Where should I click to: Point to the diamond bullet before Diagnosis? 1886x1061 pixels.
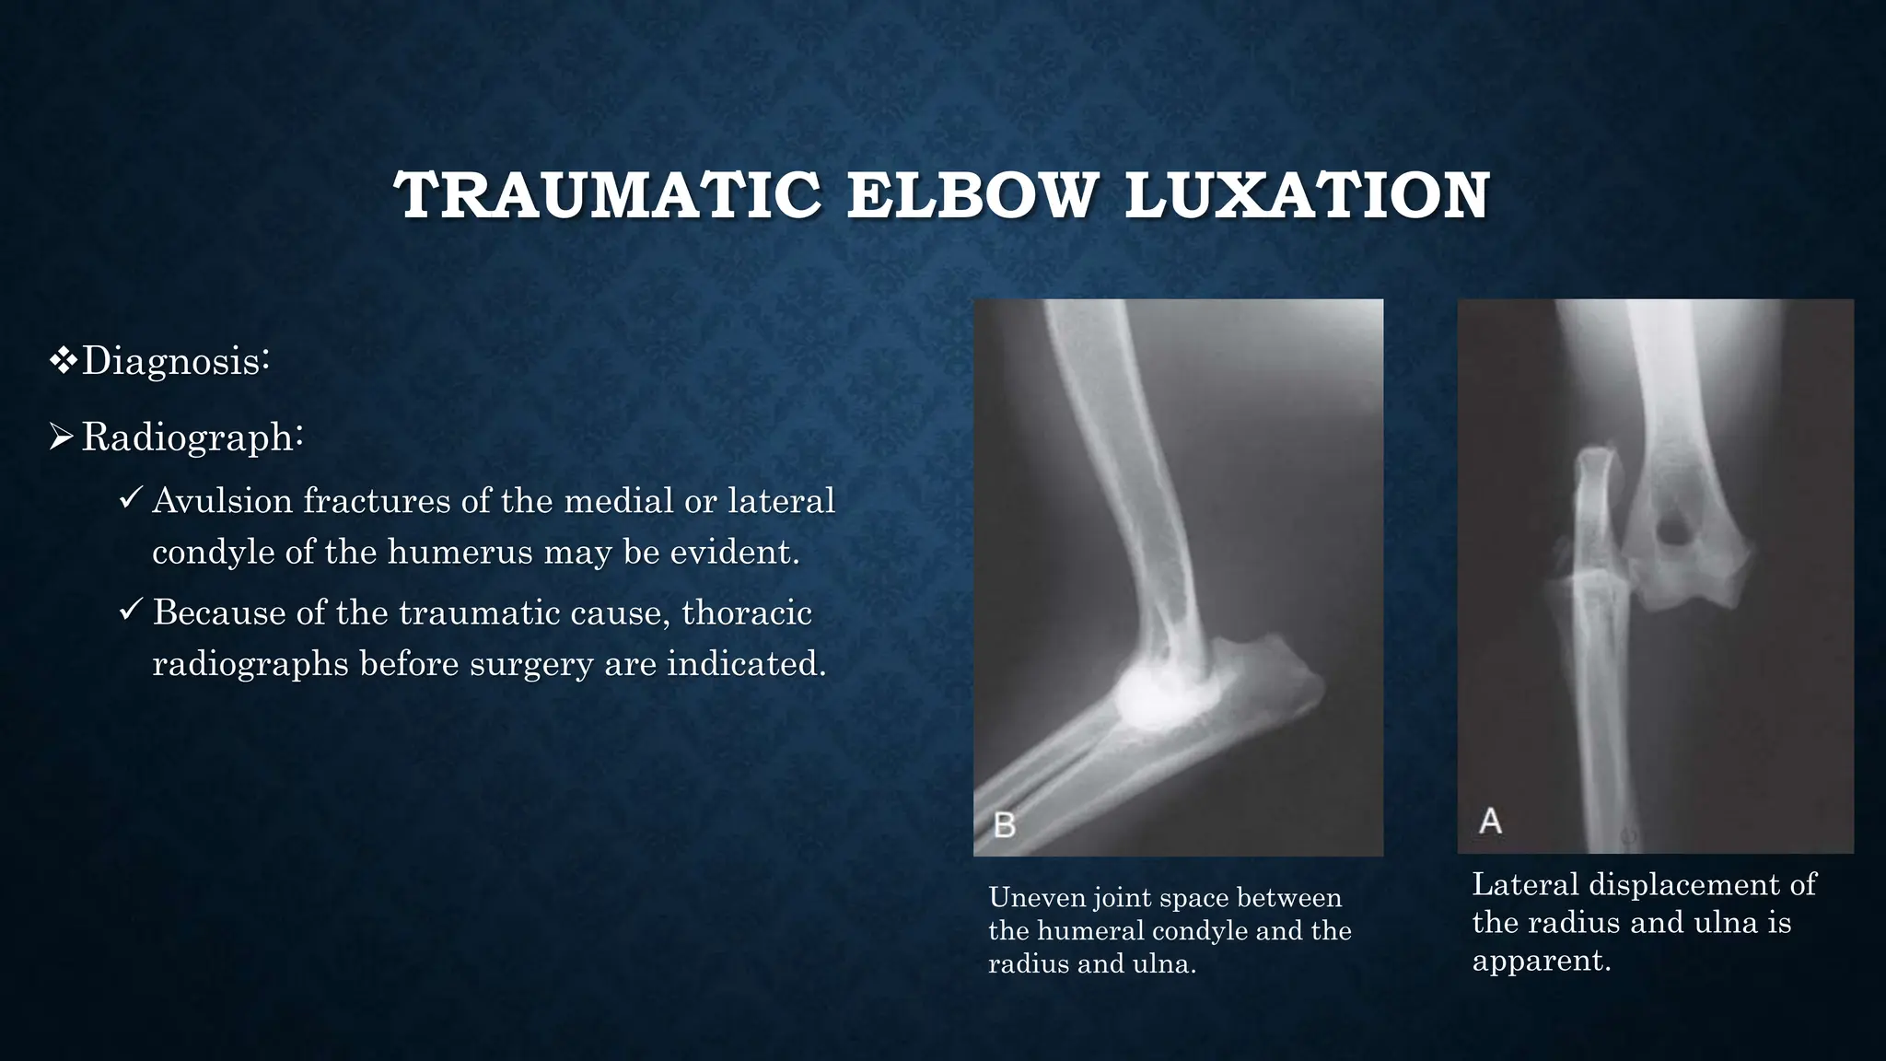point(63,360)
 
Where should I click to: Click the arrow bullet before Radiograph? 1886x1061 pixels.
point(62,437)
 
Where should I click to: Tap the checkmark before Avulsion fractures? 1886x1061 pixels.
point(131,500)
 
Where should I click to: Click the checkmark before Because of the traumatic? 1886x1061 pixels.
point(131,611)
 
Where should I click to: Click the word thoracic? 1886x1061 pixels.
point(746,612)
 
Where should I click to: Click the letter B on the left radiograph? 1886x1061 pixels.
point(1005,824)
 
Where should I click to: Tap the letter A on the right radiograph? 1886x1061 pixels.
point(1490,821)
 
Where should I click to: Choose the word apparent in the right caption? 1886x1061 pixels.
point(1540,961)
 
